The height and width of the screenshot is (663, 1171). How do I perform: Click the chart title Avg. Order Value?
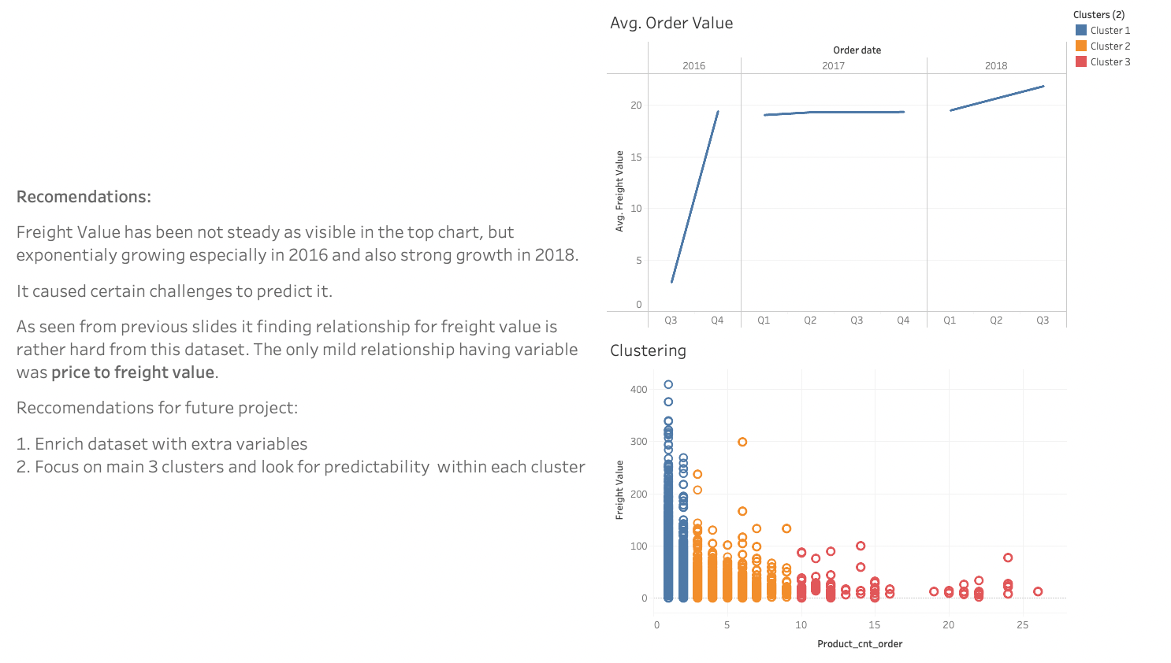click(671, 24)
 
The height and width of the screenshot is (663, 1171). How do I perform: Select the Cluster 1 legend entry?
click(1102, 31)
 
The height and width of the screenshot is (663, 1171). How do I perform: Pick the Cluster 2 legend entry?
click(1102, 46)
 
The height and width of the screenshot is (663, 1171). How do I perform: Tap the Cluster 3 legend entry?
click(1102, 62)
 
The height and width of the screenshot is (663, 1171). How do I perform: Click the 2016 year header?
click(693, 66)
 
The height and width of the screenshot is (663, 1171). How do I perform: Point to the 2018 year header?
click(995, 66)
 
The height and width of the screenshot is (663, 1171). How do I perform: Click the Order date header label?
click(857, 50)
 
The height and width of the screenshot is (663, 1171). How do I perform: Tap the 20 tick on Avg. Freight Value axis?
click(636, 106)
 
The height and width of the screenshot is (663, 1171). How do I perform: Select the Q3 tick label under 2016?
click(671, 320)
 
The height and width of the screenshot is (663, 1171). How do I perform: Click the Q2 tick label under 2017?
click(810, 320)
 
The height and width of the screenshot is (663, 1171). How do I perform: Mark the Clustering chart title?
click(648, 351)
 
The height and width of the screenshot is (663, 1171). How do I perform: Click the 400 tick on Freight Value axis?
click(638, 390)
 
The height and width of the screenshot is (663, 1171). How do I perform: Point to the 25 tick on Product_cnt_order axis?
click(1022, 625)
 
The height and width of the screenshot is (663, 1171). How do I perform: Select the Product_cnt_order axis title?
click(860, 644)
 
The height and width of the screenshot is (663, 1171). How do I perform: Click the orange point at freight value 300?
click(742, 442)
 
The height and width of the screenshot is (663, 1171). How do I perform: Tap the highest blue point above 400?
click(668, 384)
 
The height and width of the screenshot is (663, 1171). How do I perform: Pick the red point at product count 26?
click(1038, 591)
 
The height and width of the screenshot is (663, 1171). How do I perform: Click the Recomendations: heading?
click(84, 197)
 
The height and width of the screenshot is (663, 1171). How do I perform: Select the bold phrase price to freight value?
click(132, 372)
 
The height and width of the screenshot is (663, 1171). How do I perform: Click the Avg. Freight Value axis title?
click(619, 191)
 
